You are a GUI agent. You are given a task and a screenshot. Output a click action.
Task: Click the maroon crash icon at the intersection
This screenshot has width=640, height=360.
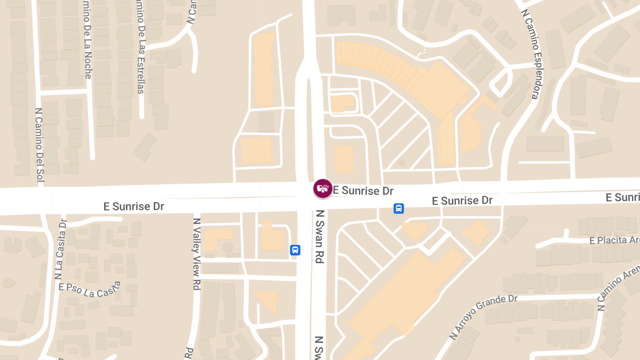[x=322, y=188]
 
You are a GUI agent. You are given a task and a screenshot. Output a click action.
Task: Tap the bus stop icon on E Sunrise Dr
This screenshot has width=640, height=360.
[x=398, y=209]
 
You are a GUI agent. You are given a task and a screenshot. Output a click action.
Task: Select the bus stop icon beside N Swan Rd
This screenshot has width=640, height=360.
[x=295, y=250]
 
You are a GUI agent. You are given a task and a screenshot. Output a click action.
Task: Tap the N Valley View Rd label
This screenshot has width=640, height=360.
[x=197, y=254]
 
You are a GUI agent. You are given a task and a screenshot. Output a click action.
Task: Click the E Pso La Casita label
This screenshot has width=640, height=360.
[x=90, y=289]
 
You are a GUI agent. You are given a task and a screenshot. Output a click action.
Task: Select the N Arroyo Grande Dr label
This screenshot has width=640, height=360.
[x=483, y=317]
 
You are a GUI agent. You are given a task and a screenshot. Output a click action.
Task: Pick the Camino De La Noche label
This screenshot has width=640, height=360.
[x=86, y=40]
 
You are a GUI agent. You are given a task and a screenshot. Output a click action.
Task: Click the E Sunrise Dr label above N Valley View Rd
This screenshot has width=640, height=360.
[x=133, y=206]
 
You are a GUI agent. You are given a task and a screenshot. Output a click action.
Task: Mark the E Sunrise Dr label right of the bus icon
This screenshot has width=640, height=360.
[x=462, y=201]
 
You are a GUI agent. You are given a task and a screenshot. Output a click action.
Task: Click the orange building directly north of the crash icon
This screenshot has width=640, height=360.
[x=344, y=159]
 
